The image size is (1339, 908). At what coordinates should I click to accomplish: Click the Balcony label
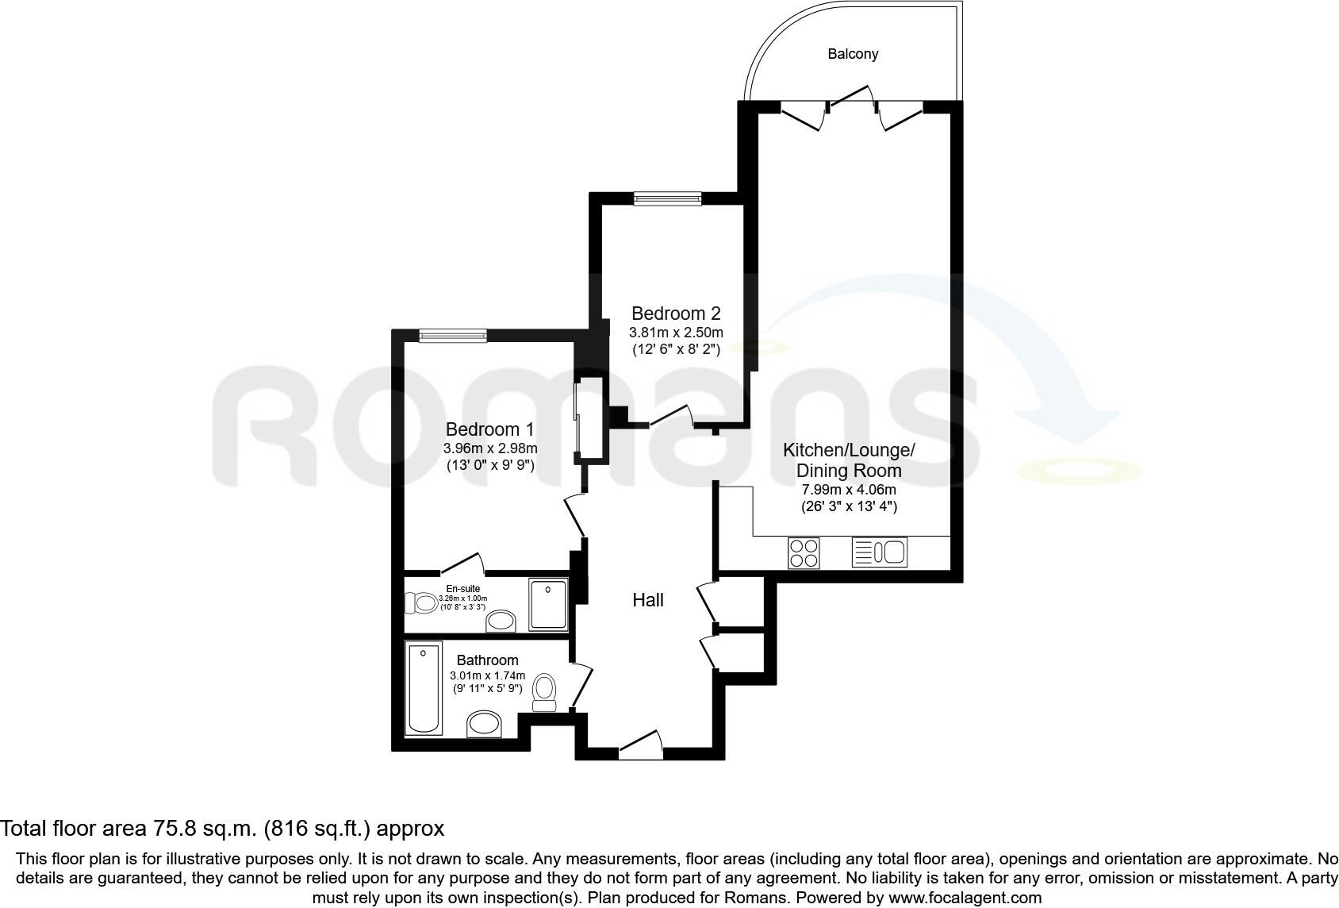853,54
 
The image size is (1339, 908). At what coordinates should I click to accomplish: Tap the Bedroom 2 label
676,313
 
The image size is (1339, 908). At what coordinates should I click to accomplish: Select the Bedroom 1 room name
489,429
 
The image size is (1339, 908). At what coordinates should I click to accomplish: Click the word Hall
647,600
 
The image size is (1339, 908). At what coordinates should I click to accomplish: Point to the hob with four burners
804,552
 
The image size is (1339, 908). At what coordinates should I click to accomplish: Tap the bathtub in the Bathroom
424,688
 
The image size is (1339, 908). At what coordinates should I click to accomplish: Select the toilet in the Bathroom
544,691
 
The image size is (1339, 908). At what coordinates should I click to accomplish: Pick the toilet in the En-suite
421,604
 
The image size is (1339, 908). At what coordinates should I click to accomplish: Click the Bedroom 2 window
667,198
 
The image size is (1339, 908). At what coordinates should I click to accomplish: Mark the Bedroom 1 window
453,337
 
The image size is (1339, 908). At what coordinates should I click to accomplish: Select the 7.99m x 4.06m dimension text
849,490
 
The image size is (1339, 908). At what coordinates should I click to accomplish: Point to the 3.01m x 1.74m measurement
487,675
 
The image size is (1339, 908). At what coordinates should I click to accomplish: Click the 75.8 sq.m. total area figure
201,829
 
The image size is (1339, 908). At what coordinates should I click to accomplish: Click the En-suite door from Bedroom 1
462,564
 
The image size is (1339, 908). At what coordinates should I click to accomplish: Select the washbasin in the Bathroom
485,723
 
